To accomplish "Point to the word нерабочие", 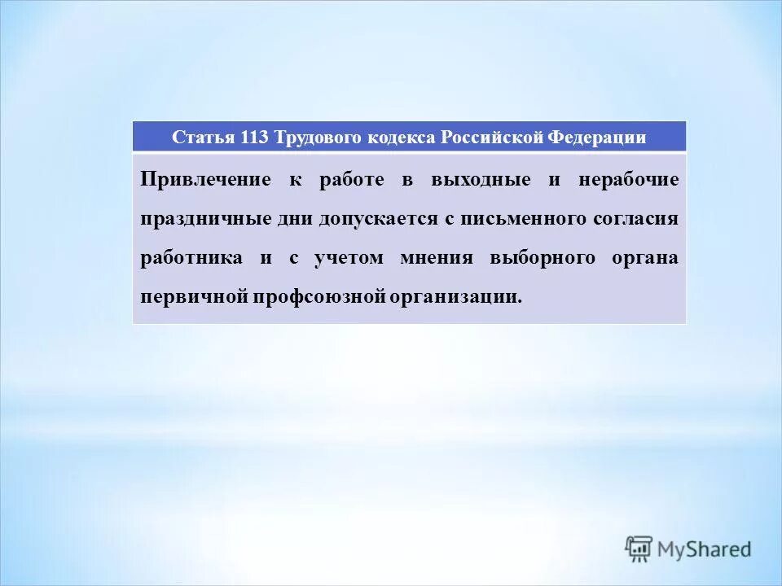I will click(628, 180).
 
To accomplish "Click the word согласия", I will click(638, 219).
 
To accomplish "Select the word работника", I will click(191, 258).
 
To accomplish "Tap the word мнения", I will click(437, 258).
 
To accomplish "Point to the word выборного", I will click(541, 258).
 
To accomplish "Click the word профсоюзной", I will click(318, 297).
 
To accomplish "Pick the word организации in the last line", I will click(456, 297).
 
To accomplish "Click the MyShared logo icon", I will click(639, 549).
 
